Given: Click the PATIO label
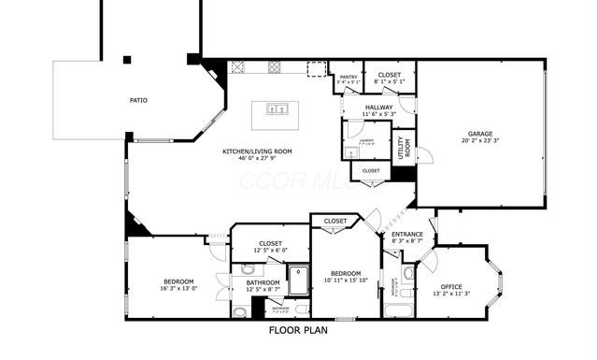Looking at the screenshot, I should (138, 100).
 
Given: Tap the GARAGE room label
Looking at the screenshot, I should (480, 133).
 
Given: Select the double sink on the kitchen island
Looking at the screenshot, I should (277, 109).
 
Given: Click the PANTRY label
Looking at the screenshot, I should (348, 78).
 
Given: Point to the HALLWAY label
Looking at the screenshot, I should (380, 108).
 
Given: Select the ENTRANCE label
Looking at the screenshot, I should (407, 235).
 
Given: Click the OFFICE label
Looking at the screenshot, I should (451, 286).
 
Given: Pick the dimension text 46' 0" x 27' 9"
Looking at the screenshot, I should (257, 159).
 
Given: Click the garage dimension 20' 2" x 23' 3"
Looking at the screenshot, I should (480, 141).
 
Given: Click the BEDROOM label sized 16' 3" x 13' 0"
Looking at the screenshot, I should (178, 281).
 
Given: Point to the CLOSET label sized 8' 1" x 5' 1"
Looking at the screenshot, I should (389, 74).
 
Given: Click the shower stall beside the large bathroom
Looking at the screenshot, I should (298, 280).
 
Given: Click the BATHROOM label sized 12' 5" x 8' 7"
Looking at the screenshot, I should (263, 282).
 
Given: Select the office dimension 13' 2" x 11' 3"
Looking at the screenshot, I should (451, 295).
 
